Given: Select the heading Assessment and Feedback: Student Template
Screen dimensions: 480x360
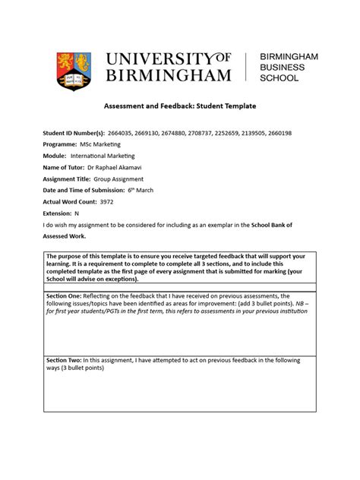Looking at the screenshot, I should (x=179, y=108).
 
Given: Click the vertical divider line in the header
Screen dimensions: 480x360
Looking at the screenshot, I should (x=246, y=67).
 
